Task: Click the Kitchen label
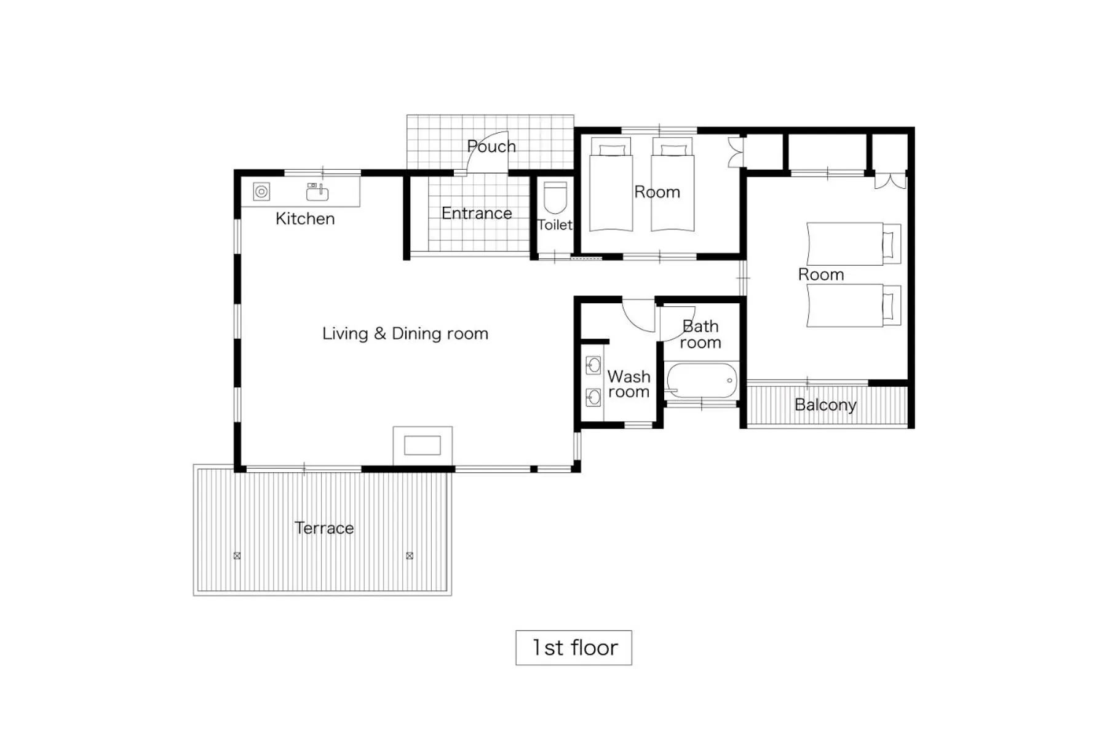304,218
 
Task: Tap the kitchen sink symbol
317,192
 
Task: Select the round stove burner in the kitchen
262,192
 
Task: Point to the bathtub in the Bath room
702,381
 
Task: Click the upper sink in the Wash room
593,366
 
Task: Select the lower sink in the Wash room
593,397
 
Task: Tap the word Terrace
323,528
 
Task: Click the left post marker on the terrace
237,555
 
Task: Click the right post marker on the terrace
410,555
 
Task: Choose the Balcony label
825,405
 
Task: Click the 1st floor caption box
573,648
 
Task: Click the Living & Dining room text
405,333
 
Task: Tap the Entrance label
476,213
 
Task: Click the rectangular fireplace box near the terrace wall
422,445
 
